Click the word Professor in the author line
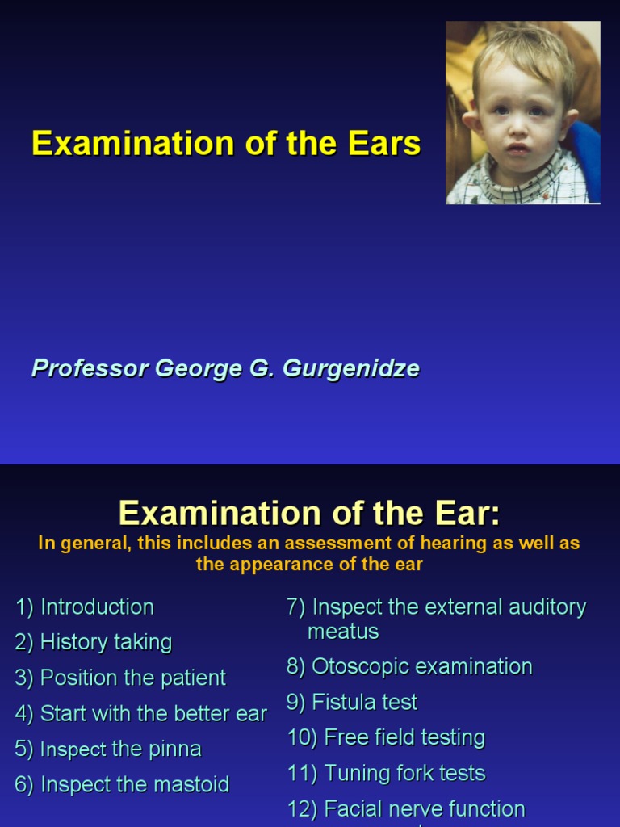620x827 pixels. (x=90, y=368)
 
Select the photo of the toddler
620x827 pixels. (x=522, y=113)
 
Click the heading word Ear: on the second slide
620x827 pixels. (x=462, y=514)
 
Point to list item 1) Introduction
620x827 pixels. (x=85, y=607)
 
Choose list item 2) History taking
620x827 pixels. (x=94, y=642)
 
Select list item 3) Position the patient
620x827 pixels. (x=120, y=678)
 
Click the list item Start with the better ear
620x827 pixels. (x=141, y=713)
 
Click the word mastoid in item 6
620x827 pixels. (x=192, y=784)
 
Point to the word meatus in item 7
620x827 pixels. (x=343, y=631)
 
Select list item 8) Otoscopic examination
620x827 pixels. (x=409, y=666)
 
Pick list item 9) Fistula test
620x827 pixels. (x=352, y=702)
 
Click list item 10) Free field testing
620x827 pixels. (x=386, y=737)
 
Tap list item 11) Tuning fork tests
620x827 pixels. (x=386, y=773)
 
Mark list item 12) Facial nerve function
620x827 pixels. (x=406, y=808)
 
